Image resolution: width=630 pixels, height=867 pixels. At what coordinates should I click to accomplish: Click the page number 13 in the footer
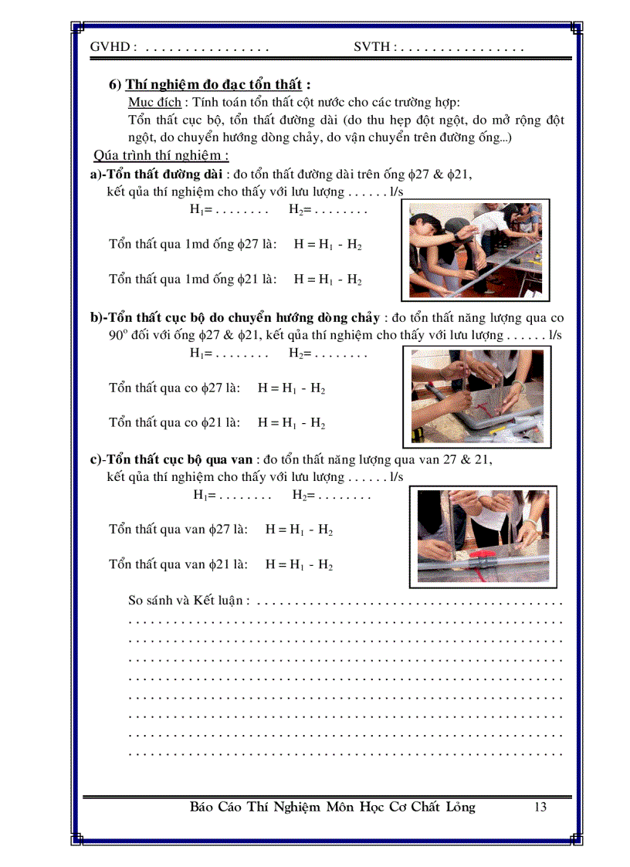tap(540, 808)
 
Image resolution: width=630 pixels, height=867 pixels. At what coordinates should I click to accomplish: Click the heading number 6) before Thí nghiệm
tap(115, 86)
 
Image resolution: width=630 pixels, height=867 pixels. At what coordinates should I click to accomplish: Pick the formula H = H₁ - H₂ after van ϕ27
tap(299, 530)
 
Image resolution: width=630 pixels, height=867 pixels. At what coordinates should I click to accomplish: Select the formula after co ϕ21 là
tap(291, 423)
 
